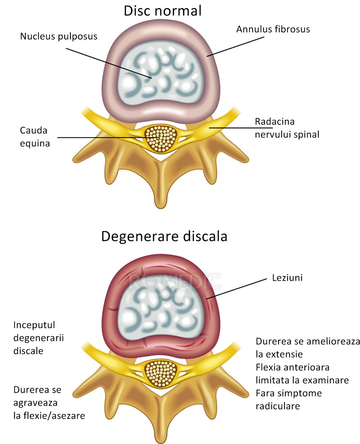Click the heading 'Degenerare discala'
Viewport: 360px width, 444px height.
tap(164, 236)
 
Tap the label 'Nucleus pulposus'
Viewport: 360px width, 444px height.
tap(59, 36)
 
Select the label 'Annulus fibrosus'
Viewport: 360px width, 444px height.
tap(273, 29)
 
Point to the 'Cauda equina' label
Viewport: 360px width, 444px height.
tap(34, 137)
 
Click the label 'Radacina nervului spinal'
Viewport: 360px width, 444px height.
tap(287, 128)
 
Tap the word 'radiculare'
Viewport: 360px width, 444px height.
tap(278, 406)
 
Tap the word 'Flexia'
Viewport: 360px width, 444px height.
tap(269, 367)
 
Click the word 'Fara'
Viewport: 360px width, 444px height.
tap(265, 393)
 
